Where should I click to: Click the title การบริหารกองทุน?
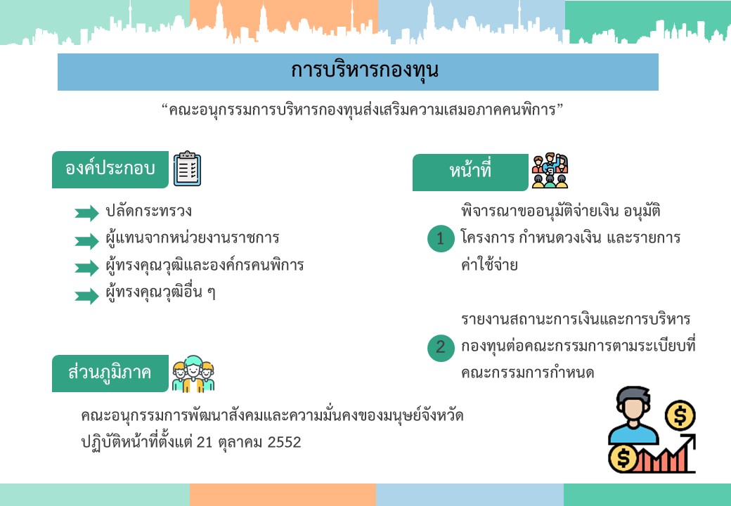click(365, 70)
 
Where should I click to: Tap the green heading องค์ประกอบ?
click(110, 169)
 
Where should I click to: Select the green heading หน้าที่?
click(470, 172)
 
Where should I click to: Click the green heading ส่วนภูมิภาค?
click(110, 373)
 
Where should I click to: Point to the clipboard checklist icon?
click(188, 169)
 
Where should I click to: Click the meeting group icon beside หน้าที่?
click(550, 171)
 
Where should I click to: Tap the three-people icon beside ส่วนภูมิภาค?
click(193, 374)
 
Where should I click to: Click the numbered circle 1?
click(441, 238)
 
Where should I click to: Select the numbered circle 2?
click(441, 348)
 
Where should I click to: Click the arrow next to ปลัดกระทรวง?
click(86, 213)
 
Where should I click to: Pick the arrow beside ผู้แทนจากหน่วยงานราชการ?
click(86, 241)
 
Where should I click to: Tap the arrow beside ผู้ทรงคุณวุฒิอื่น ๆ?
click(86, 296)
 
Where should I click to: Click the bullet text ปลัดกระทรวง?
click(149, 211)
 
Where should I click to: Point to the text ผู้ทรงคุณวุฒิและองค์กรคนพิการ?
click(205, 266)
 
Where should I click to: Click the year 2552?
click(284, 442)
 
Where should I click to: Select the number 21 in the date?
click(205, 442)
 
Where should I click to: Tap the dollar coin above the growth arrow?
click(680, 415)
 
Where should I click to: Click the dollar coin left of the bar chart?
click(623, 458)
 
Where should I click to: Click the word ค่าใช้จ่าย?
click(489, 265)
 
